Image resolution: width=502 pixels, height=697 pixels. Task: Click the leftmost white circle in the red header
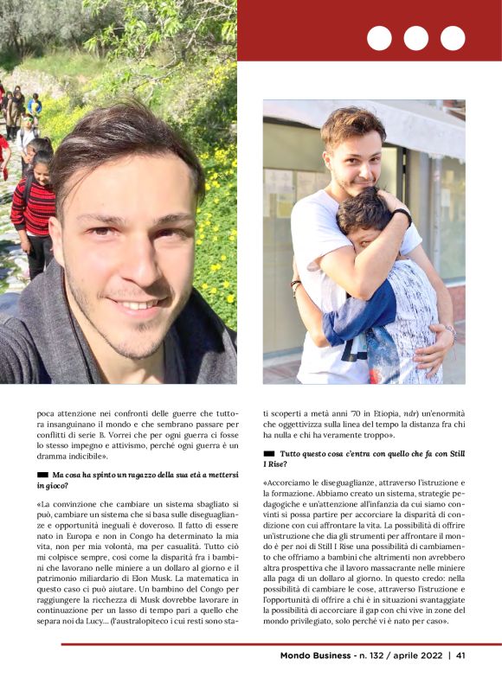[379, 38]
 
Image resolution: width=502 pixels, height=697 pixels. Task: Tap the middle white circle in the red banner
[416, 38]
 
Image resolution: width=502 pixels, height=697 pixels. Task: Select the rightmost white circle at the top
[453, 38]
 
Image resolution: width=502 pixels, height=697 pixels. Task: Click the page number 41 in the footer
[461, 655]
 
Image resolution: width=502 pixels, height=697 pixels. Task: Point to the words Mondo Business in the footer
[315, 655]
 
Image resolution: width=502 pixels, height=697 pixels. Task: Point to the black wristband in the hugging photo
[401, 216]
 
